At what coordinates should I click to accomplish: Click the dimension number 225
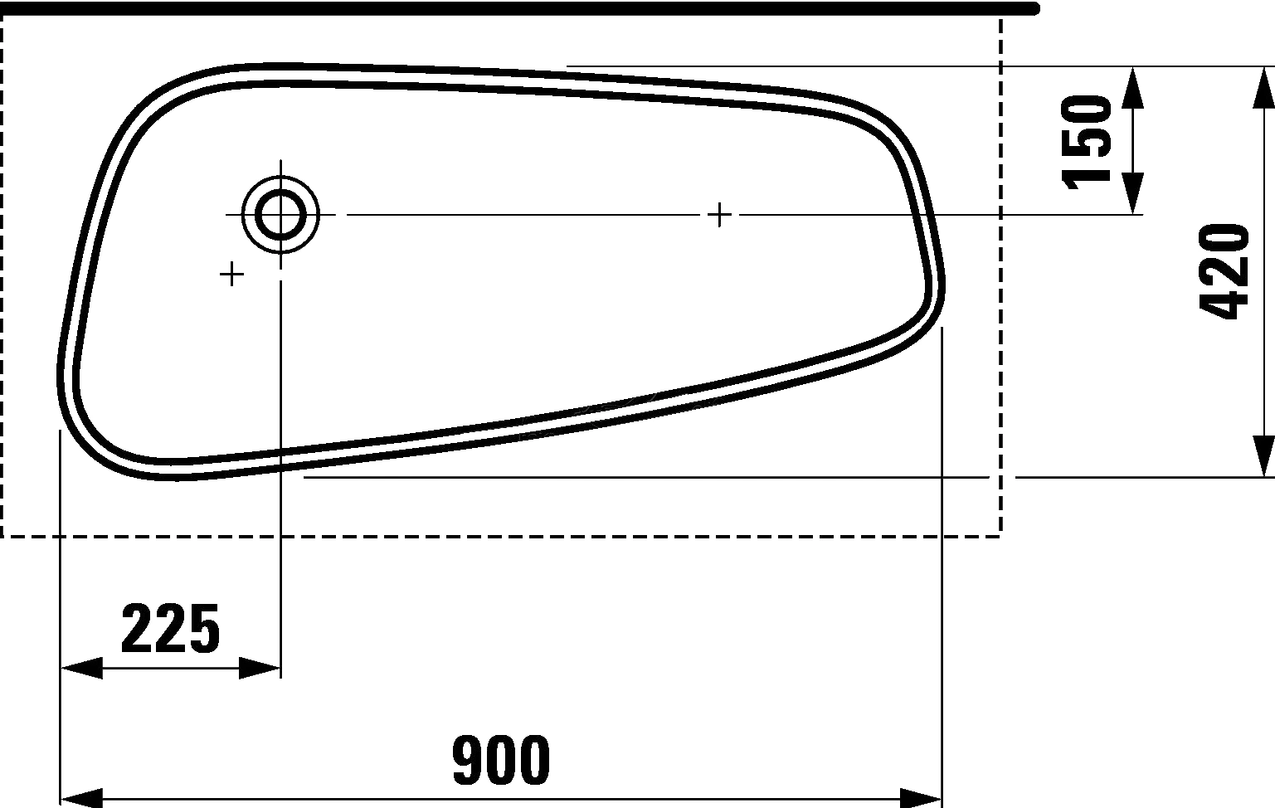(171, 629)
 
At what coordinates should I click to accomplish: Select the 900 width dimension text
(501, 760)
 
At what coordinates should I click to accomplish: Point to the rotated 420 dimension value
(1224, 271)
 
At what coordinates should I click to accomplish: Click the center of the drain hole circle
(280, 214)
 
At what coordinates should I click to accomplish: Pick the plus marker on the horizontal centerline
(720, 215)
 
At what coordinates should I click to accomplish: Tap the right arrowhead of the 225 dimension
(260, 668)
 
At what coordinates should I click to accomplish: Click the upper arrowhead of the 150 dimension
(1132, 86)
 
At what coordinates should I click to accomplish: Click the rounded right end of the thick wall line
(1034, 8)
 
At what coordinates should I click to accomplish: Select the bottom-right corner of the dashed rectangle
(1000, 536)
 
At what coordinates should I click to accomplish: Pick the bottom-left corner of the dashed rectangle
(3, 536)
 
